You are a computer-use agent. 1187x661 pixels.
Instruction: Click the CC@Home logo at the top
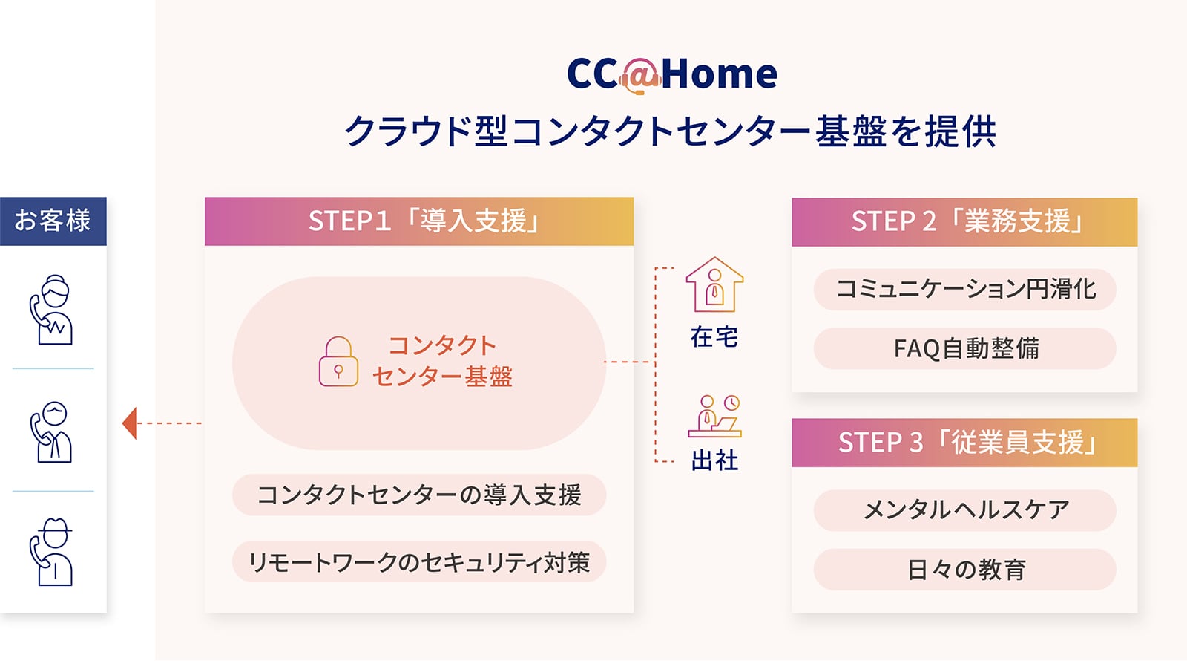point(672,74)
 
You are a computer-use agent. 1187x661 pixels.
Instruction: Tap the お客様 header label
point(53,221)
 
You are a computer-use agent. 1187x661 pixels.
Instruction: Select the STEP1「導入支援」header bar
point(419,221)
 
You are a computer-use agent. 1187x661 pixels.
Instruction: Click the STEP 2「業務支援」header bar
point(964,222)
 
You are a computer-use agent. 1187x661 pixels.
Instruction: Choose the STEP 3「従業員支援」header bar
point(964,443)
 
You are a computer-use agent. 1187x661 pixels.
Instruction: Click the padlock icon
point(338,361)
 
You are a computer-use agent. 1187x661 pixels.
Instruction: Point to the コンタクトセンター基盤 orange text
point(442,361)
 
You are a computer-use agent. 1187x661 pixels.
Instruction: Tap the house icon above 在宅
point(714,285)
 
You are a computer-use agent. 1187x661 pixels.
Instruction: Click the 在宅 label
point(714,337)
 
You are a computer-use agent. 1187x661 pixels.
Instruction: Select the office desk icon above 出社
point(714,416)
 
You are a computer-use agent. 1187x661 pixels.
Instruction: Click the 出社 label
point(714,460)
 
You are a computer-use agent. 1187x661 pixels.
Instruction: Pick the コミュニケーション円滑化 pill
point(965,290)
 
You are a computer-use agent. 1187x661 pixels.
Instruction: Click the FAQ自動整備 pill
point(965,348)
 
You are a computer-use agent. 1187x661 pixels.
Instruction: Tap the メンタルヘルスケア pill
point(965,510)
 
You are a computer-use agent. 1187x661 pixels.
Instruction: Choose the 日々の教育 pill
point(965,569)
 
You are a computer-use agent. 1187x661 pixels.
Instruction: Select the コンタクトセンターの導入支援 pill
point(419,495)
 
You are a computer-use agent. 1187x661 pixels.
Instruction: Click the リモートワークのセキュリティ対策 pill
point(419,561)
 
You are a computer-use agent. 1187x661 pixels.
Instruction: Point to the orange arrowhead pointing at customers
point(130,423)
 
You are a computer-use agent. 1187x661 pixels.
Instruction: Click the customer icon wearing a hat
point(51,552)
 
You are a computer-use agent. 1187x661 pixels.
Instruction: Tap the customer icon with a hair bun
point(51,310)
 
